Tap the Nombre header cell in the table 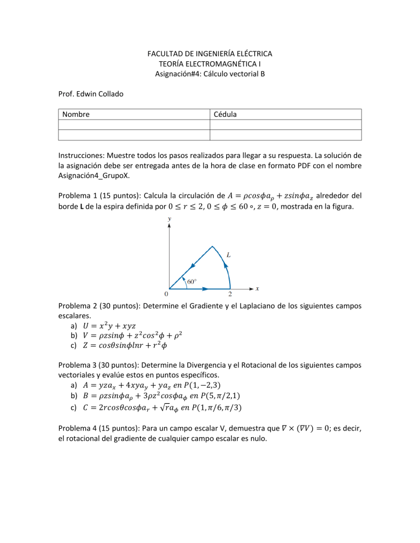pyautogui.click(x=76, y=115)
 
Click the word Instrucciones pyautogui.click(x=83, y=162)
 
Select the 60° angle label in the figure pyautogui.click(x=192, y=282)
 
